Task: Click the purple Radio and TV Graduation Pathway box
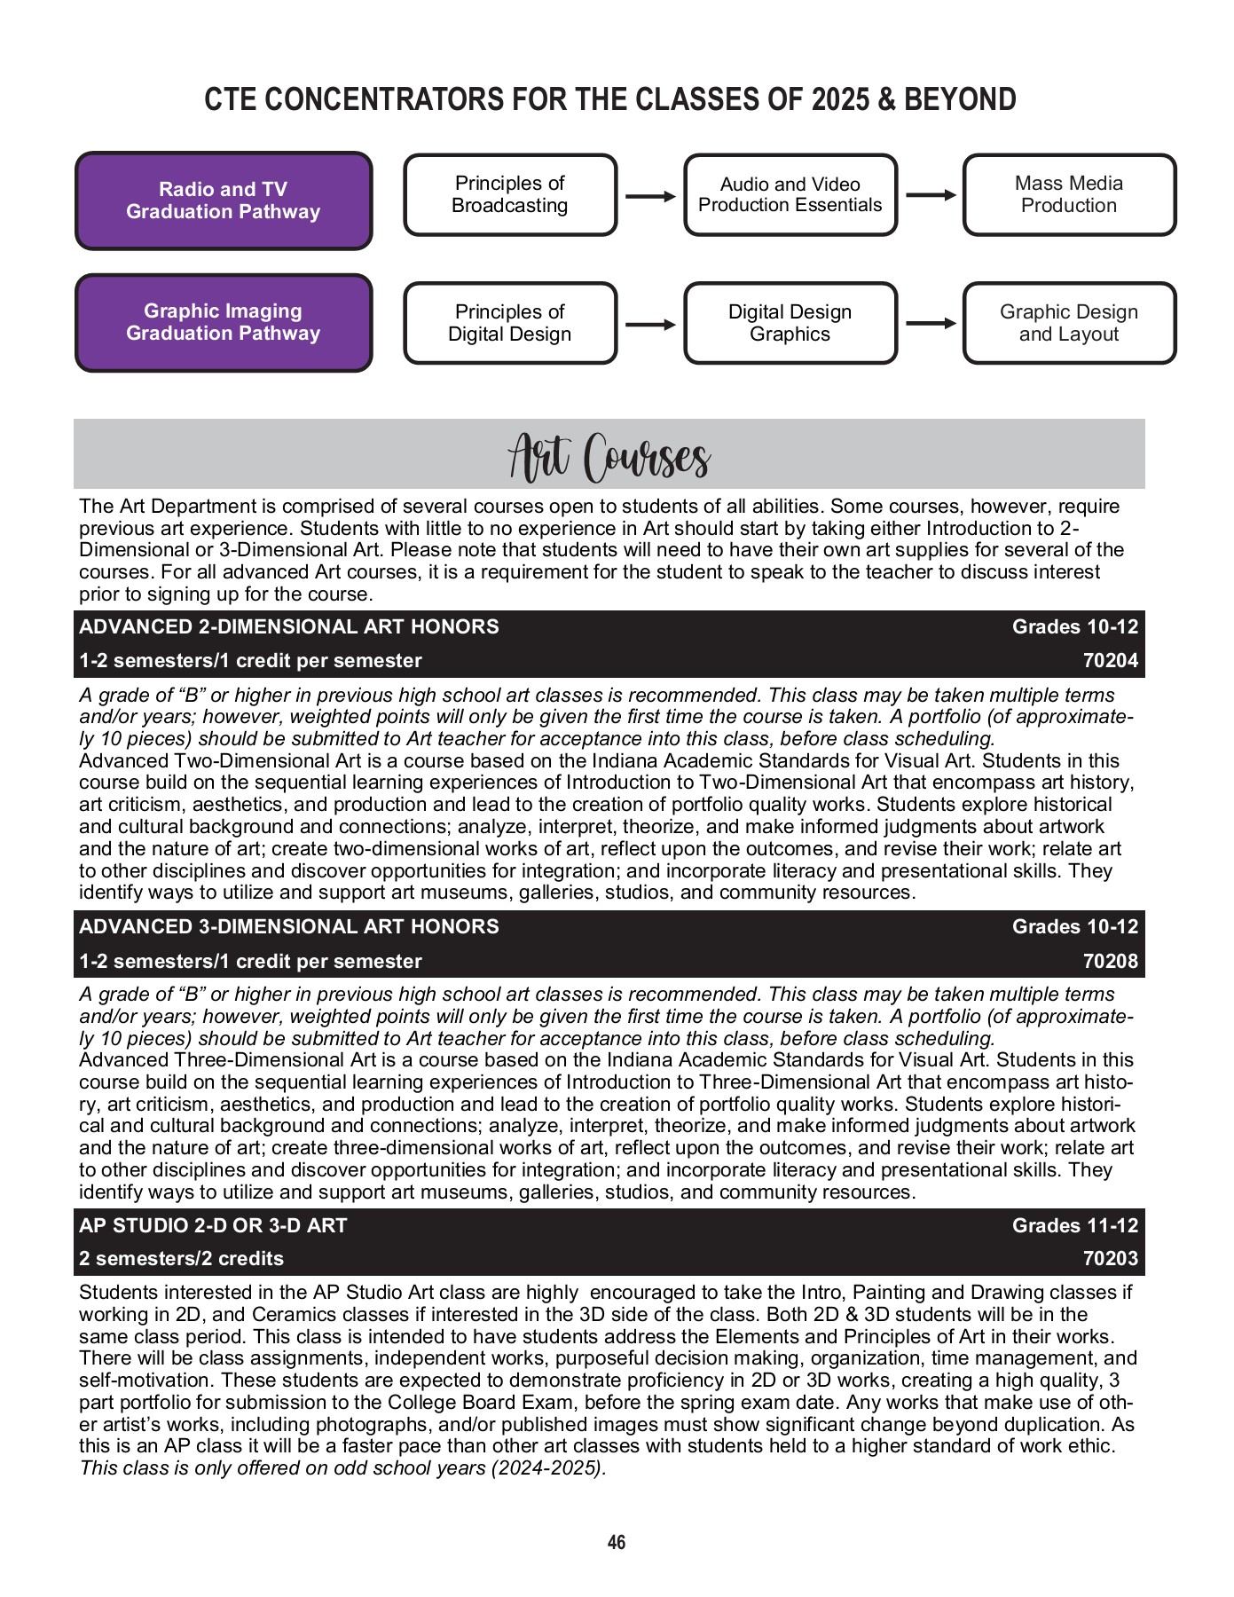[x=223, y=201]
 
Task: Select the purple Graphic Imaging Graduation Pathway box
[x=223, y=322]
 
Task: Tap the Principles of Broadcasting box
[x=510, y=194]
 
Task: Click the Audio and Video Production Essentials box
[x=790, y=194]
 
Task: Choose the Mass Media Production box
[x=1069, y=194]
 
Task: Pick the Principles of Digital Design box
[x=510, y=323]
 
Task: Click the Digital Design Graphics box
[x=790, y=323]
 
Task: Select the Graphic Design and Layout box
[x=1069, y=323]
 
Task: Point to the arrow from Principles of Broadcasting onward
[x=650, y=196]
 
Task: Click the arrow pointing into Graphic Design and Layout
[x=931, y=324]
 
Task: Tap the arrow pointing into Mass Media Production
[x=931, y=195]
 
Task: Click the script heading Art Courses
[x=609, y=457]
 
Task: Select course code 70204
[x=1110, y=661]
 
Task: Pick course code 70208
[x=1110, y=962]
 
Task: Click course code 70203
[x=1110, y=1259]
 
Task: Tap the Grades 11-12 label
[x=1074, y=1226]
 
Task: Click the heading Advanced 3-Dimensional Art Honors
[x=289, y=927]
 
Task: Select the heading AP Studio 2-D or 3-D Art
[x=213, y=1226]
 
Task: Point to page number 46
[x=617, y=1543]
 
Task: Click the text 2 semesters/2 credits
[x=181, y=1259]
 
